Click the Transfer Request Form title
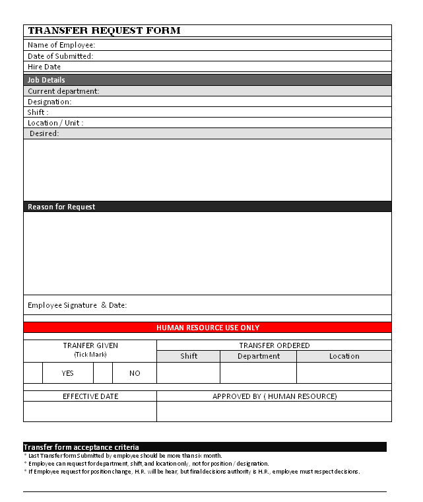tap(104, 31)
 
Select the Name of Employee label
tap(61, 45)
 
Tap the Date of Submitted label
tap(60, 56)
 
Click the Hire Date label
tap(44, 67)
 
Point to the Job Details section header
tap(46, 80)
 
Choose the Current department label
tap(63, 91)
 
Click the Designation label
tap(49, 102)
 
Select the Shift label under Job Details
tap(38, 112)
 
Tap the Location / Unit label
tap(55, 123)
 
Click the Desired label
tap(44, 133)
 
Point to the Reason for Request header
tap(61, 207)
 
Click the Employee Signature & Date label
tap(77, 305)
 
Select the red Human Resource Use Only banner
tap(207, 328)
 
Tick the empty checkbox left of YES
tap(33, 373)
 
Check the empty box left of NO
tap(103, 373)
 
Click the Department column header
tap(258, 356)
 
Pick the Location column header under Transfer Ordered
tap(344, 356)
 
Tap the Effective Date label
tap(90, 396)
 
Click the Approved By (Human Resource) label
tap(274, 396)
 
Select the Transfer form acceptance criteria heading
tap(81, 447)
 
